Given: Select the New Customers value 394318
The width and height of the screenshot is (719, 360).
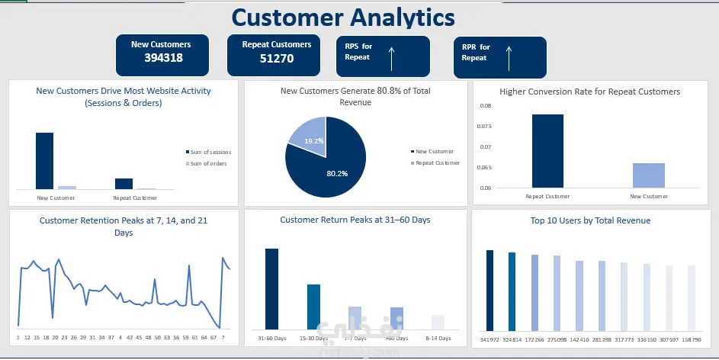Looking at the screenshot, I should point(161,59).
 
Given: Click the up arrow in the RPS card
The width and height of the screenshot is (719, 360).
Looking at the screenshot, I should point(391,58).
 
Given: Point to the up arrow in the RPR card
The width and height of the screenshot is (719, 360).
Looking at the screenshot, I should point(509,58).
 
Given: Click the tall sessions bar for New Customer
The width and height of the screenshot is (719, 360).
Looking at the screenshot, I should point(45,160).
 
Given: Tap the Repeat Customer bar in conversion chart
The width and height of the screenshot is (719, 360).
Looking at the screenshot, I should point(547,151).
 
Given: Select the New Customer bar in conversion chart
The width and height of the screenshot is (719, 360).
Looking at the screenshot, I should point(648,175).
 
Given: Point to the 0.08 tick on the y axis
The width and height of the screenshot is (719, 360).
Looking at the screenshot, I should point(486,106).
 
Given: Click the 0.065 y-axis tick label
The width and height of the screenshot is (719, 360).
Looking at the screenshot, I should point(484,167).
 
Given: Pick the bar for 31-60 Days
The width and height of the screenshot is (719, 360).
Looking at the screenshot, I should point(271,288).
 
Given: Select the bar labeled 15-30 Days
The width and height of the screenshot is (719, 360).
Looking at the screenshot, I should point(313,306).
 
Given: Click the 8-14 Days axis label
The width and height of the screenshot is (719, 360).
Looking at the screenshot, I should point(438,338).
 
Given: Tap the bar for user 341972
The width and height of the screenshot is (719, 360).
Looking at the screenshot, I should point(489,289).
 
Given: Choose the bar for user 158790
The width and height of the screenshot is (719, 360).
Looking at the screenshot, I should point(692,297).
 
